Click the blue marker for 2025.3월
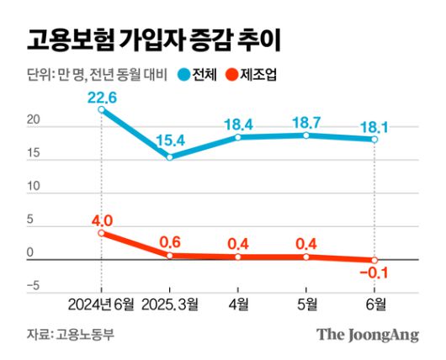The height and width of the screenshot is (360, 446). (170, 157)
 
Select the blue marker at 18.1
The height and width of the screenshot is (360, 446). (374, 139)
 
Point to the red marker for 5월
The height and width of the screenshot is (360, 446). (306, 257)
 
